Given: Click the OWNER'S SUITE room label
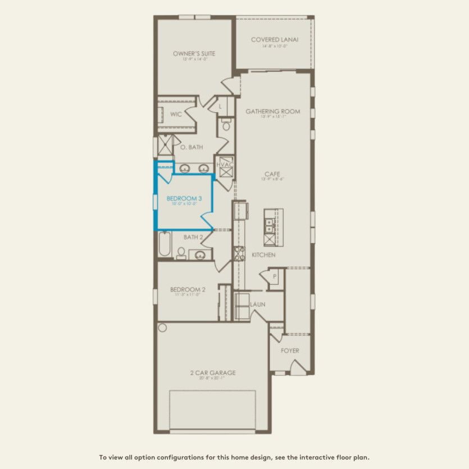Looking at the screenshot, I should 194,54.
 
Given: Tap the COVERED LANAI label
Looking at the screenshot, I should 274,40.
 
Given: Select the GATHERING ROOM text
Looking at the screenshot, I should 272,111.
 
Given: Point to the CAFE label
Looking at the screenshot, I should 272,174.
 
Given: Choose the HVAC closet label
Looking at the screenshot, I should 225,165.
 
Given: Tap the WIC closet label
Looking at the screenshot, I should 176,114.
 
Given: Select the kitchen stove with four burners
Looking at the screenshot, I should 239,254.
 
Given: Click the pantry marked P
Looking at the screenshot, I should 275,276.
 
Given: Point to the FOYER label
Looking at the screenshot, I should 290,350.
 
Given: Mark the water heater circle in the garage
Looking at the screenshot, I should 162,327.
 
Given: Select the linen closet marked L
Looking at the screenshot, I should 221,106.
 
